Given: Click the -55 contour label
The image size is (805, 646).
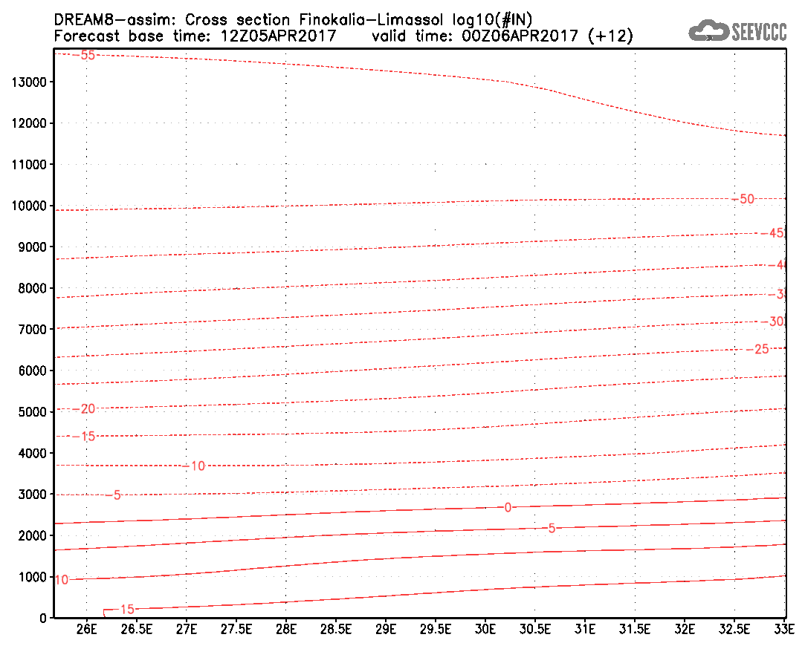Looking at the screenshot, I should coord(83,55).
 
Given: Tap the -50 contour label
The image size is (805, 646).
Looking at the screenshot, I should coord(743,198).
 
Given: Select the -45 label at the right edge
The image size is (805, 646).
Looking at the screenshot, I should coord(772,233).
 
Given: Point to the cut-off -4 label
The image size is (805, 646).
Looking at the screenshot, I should coord(776,265).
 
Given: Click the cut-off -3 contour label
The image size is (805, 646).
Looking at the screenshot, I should coord(776,294).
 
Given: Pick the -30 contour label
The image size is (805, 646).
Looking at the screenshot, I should coord(772,322).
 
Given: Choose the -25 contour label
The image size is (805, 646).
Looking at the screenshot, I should coord(757,349).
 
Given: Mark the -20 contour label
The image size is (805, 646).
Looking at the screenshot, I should coord(83,409).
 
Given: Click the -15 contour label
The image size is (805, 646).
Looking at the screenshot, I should coord(83,436).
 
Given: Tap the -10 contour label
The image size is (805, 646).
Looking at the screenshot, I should coord(193,466).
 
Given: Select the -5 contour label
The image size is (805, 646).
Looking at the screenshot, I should coord(113,495).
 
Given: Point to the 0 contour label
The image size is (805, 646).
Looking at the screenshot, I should coord(508,507).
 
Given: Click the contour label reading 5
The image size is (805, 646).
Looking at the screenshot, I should coord(552,528).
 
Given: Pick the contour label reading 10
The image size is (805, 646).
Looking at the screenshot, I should coord(62,580).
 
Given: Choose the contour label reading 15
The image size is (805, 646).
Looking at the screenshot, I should coord(127,610).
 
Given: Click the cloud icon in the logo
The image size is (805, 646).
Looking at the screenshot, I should coord(708,31).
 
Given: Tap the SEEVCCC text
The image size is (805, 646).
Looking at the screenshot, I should coord(759,32).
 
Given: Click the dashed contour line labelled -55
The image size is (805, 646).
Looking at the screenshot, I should coord(372,71).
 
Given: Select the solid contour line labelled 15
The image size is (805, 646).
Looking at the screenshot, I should coord(446,592).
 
